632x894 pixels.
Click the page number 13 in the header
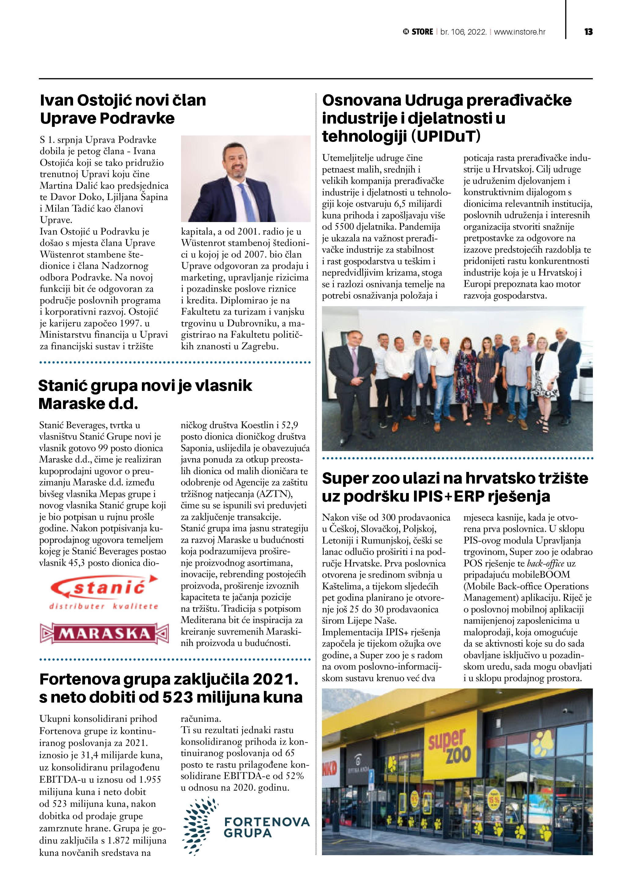(x=588, y=32)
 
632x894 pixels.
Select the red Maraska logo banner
(x=104, y=633)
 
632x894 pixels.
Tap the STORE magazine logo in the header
(x=418, y=32)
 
